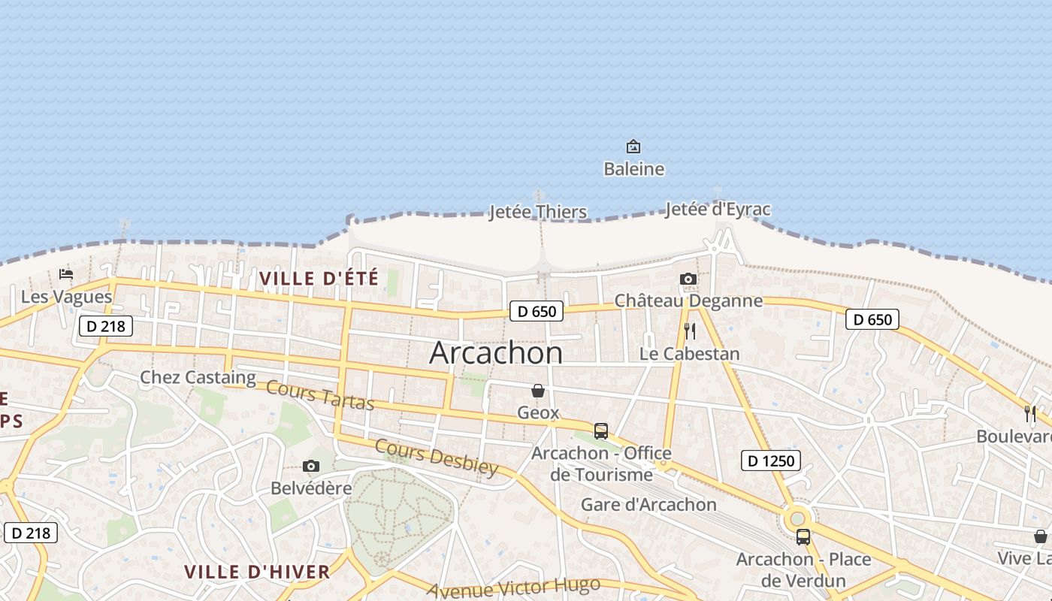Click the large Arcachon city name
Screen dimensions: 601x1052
click(x=495, y=353)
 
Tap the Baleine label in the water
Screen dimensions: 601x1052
click(x=633, y=169)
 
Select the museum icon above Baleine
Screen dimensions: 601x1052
click(x=633, y=146)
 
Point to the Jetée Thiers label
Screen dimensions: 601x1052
click(x=537, y=212)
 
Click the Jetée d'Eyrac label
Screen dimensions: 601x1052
click(x=718, y=209)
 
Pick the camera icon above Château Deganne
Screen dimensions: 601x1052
click(x=688, y=279)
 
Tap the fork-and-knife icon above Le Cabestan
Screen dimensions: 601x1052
click(x=690, y=331)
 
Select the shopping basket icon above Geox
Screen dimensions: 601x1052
click(x=538, y=391)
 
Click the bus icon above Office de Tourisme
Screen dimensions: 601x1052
click(x=601, y=431)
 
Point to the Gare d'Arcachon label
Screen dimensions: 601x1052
click(x=648, y=504)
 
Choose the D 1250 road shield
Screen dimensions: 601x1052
click(x=771, y=461)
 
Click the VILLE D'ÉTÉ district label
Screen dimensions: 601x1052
click(x=319, y=279)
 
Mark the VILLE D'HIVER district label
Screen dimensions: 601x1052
click(x=257, y=572)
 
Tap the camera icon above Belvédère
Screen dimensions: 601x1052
click(x=310, y=467)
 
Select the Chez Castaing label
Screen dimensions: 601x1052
click(x=198, y=377)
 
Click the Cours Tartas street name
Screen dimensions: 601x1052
click(x=320, y=396)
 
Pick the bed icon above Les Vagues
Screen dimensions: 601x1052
click(x=66, y=275)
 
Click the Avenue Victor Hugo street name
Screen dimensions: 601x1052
click(x=513, y=587)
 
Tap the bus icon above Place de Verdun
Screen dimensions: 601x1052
click(x=803, y=537)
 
